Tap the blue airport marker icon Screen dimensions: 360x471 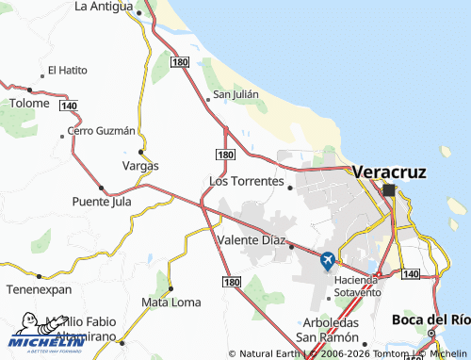pyautogui.click(x=327, y=261)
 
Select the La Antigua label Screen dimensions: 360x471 pyautogui.click(x=104, y=7)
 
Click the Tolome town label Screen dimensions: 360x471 pyautogui.click(x=29, y=103)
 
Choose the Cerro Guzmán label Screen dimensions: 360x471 pyautogui.click(x=103, y=130)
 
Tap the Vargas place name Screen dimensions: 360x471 pyautogui.click(x=140, y=166)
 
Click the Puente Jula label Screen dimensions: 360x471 pyautogui.click(x=102, y=202)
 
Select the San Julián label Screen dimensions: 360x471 pyautogui.click(x=235, y=94)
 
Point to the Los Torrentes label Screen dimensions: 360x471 pyautogui.click(x=245, y=180)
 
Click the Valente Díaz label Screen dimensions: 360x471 pyautogui.click(x=251, y=240)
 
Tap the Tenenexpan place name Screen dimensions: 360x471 pyautogui.click(x=40, y=289)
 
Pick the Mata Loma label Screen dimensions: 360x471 pyautogui.click(x=171, y=303)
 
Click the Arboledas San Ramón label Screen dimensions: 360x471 pyautogui.click(x=326, y=330)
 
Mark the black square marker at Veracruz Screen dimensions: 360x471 pyautogui.click(x=389, y=189)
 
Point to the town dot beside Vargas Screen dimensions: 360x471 pyautogui.click(x=140, y=152)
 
